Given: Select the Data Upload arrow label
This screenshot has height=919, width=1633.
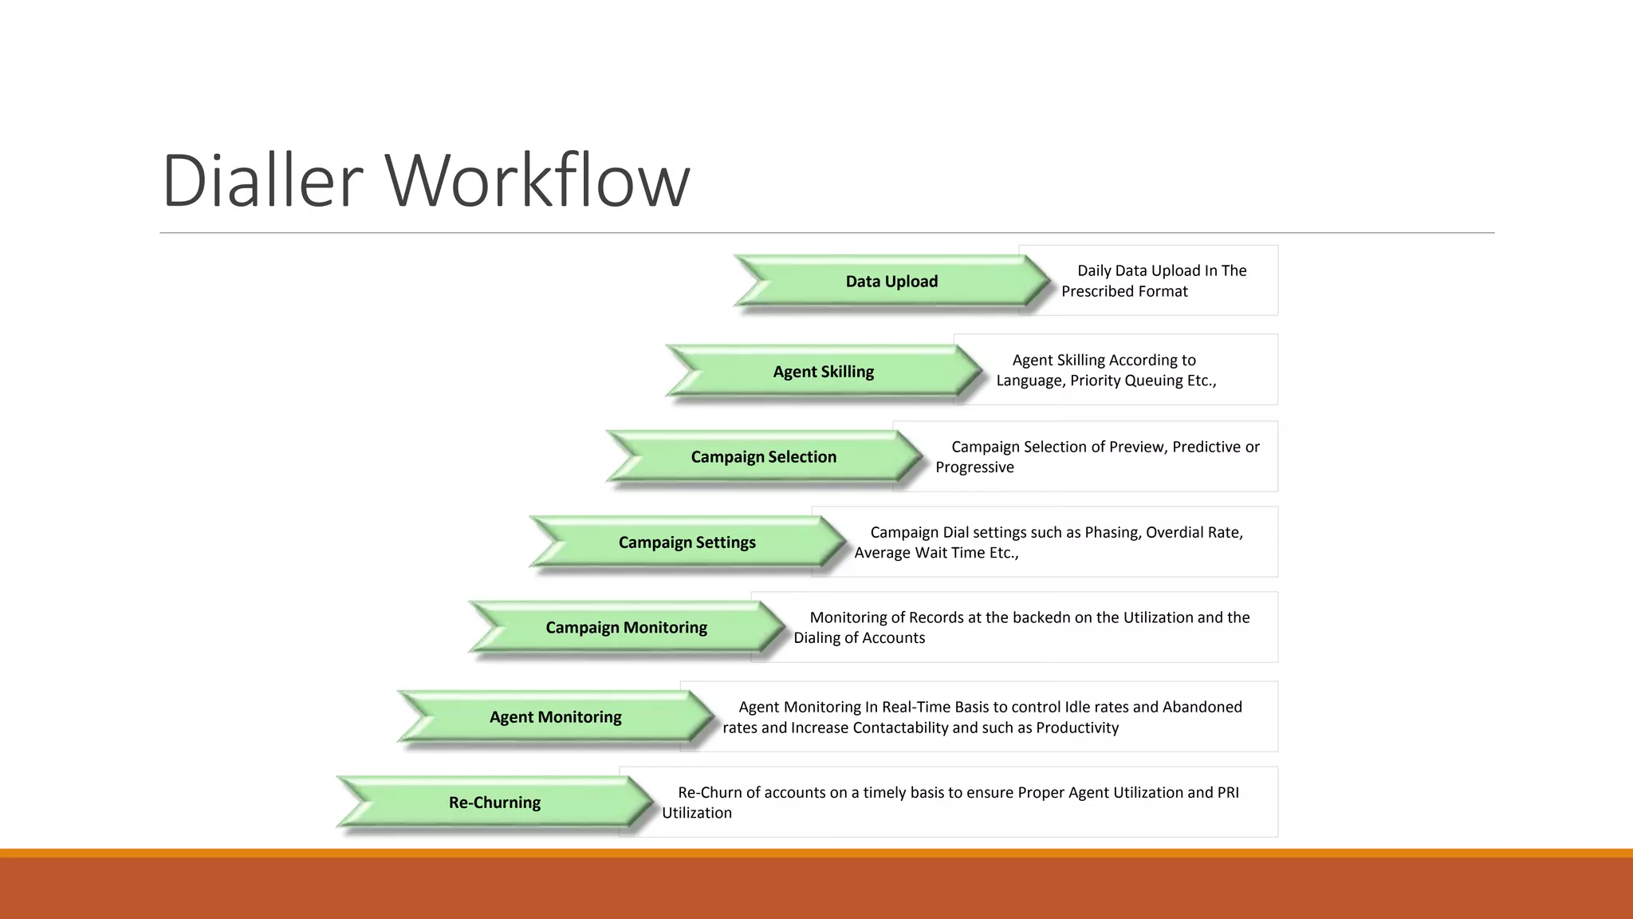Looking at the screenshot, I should click(891, 282).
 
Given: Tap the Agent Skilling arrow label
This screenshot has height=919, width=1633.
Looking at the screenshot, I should click(823, 372).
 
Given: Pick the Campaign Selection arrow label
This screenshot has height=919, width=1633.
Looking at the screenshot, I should click(763, 457).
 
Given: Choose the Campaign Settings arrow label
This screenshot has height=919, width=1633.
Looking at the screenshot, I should click(687, 542).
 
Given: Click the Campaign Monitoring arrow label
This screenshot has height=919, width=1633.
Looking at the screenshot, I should click(626, 628).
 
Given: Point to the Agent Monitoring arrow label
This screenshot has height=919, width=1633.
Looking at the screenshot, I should click(555, 717).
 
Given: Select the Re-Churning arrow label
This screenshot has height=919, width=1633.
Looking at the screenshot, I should click(494, 803).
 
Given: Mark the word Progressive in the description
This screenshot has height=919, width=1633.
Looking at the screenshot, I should click(974, 467).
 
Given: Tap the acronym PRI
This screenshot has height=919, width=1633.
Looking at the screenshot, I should click(1227, 793).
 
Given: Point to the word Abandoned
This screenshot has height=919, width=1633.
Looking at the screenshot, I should click(1202, 708).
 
